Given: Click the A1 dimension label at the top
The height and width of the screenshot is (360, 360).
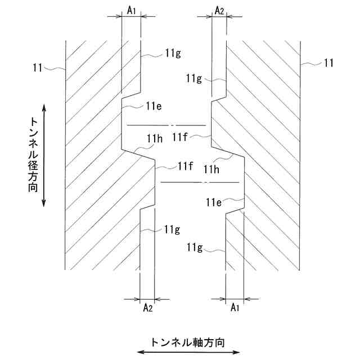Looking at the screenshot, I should [x=131, y=10].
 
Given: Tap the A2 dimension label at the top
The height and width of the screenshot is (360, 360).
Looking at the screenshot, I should [x=220, y=10].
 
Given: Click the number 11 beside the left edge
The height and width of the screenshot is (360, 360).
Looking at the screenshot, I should [x=38, y=67].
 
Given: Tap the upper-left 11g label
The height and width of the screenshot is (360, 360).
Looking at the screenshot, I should [x=173, y=53].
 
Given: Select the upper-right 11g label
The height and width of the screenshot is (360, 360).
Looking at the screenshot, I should [x=194, y=79].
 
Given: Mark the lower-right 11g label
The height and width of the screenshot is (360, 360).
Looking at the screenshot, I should [x=193, y=246].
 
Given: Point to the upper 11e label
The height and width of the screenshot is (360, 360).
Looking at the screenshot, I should [x=154, y=105].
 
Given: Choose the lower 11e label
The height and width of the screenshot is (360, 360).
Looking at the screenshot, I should [x=214, y=202].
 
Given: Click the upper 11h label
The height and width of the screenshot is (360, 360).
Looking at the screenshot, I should [x=155, y=139].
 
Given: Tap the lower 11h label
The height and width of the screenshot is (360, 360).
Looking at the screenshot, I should [x=212, y=169].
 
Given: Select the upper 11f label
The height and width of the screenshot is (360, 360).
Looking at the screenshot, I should [x=181, y=136].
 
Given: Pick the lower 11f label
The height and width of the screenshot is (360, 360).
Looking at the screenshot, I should [x=186, y=165].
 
